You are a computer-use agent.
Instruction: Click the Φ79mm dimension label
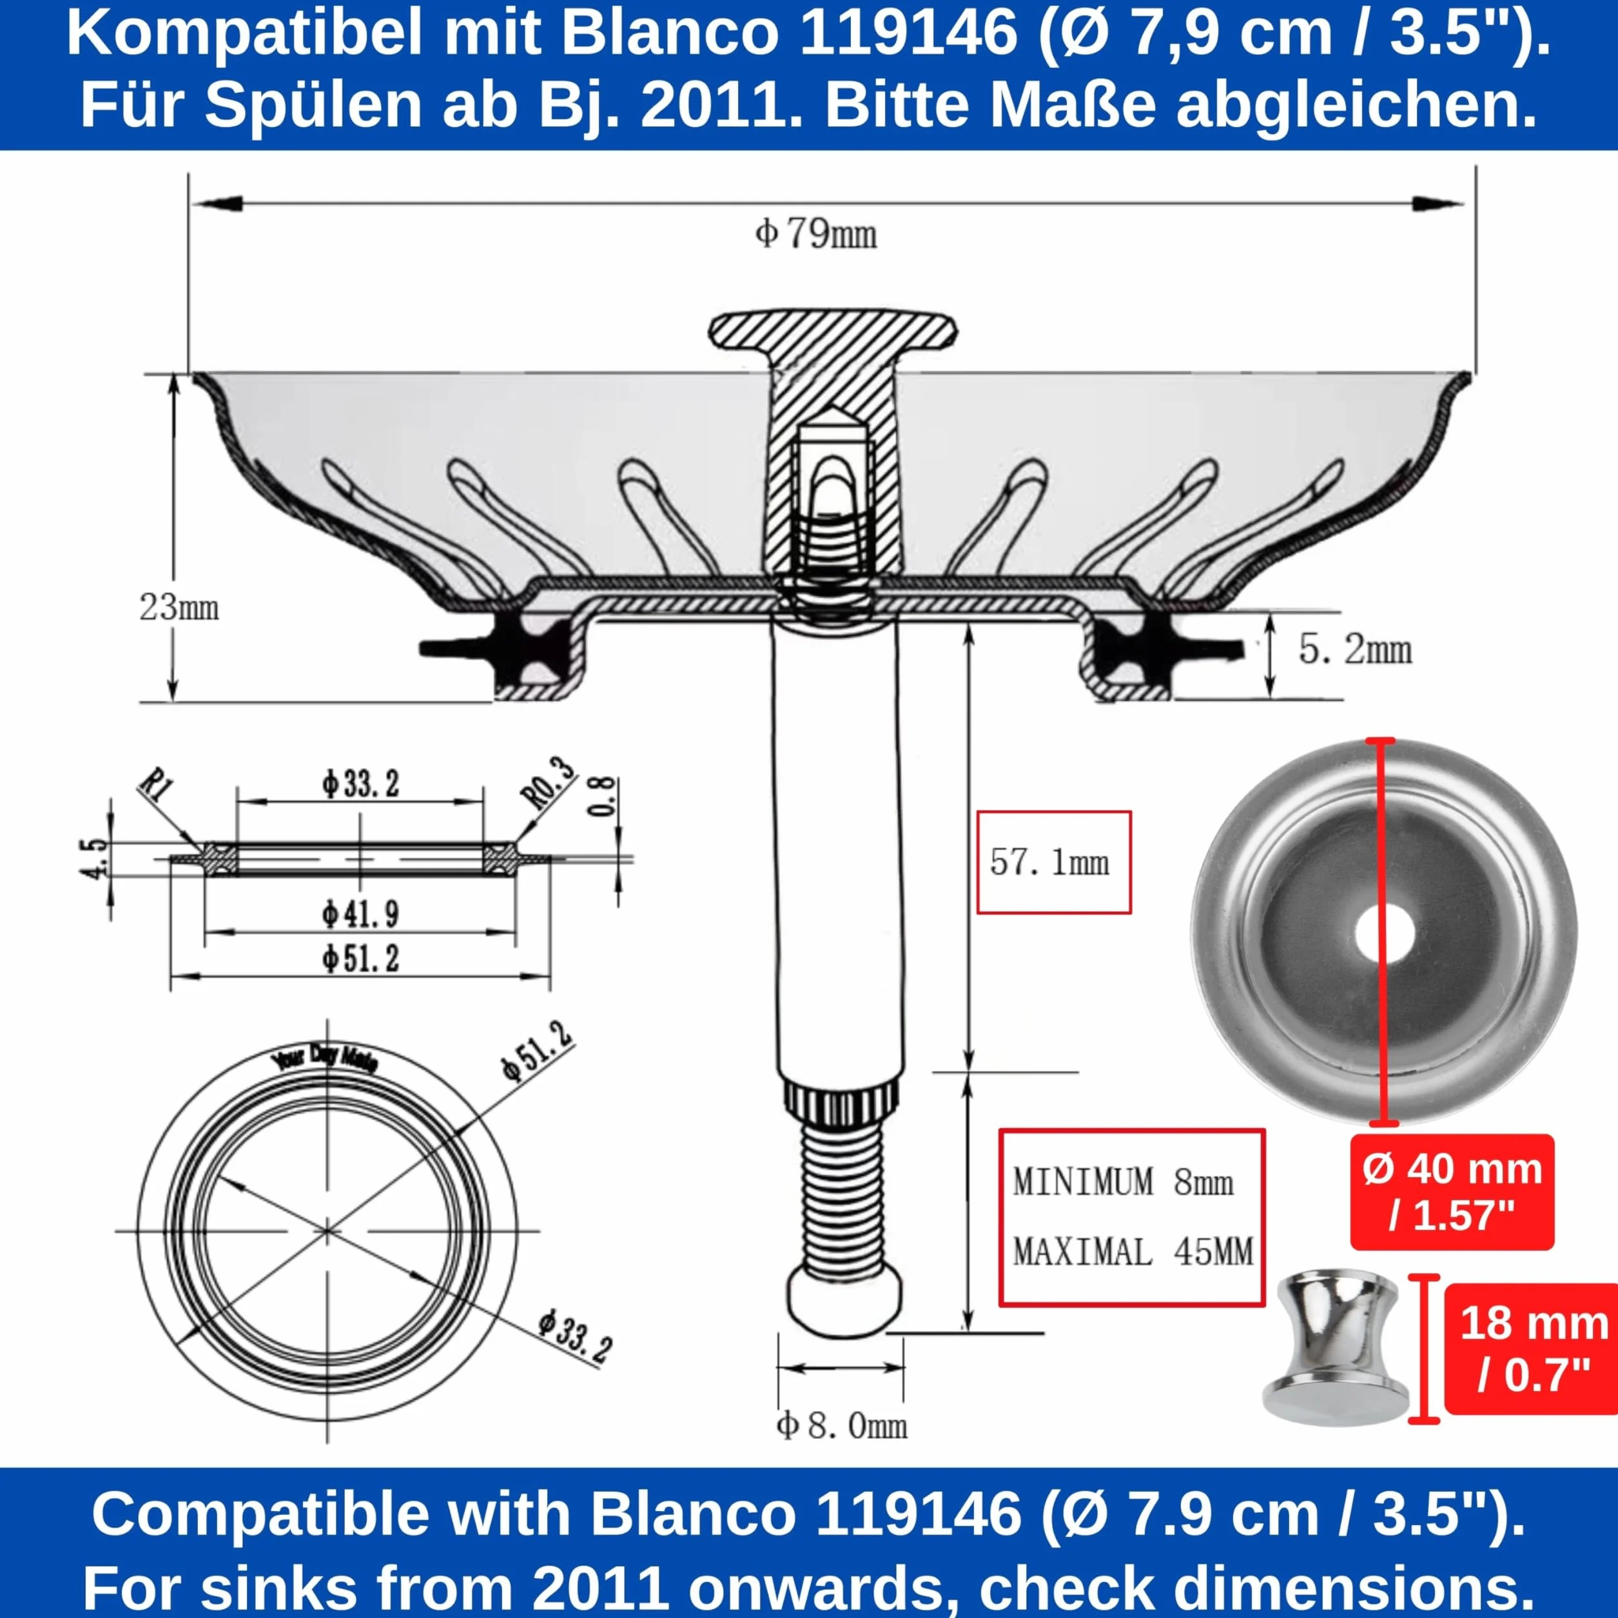point(815,233)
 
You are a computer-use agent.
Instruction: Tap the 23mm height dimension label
point(179,607)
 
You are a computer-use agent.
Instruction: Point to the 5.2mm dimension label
point(1355,650)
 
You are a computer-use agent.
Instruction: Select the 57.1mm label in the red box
point(1049,862)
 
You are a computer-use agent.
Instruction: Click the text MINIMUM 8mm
point(1123,1182)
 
